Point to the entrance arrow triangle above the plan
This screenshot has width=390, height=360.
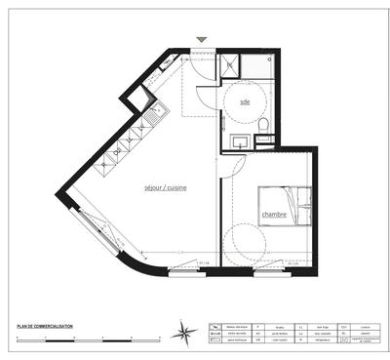coord(202,40)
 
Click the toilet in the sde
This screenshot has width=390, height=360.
coord(263,125)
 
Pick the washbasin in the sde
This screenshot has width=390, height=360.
coord(240,142)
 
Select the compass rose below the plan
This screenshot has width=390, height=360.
coord(184,334)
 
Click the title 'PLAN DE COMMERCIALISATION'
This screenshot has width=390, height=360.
coord(44,327)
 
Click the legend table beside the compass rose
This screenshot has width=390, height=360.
coord(293,333)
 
